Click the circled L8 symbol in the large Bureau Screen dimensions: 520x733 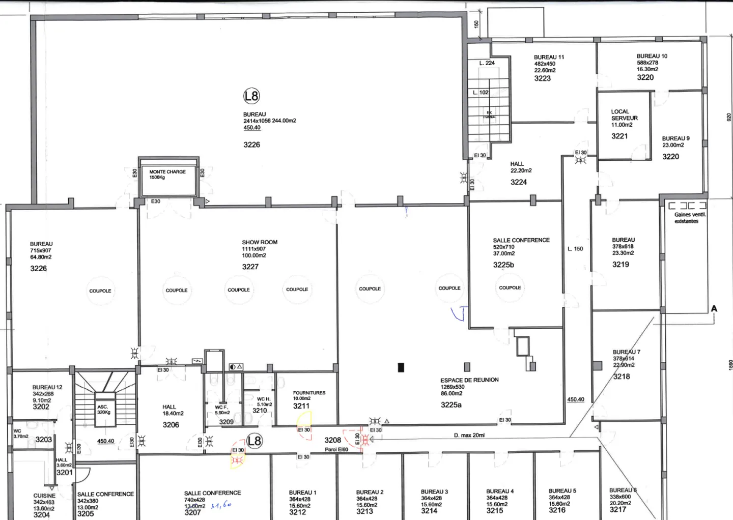[251, 96]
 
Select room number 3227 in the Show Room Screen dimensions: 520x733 [250, 267]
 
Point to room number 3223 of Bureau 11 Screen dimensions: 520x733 [542, 78]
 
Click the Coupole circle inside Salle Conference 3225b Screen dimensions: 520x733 [510, 287]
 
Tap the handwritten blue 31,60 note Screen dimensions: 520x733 [221, 506]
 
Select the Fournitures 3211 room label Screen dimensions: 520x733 [308, 393]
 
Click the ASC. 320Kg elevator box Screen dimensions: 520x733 [104, 410]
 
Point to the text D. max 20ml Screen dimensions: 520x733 [469, 436]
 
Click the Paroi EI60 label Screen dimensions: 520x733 [336, 449]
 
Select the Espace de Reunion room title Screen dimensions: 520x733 [469, 380]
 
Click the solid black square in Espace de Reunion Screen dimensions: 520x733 [401, 367]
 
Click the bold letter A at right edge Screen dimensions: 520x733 [714, 309]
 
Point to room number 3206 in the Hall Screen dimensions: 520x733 [171, 425]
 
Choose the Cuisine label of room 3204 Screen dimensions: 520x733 [44, 496]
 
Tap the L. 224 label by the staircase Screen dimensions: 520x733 [487, 63]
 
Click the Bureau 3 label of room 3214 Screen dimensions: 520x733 [434, 492]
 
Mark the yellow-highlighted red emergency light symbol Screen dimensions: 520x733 [237, 460]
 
